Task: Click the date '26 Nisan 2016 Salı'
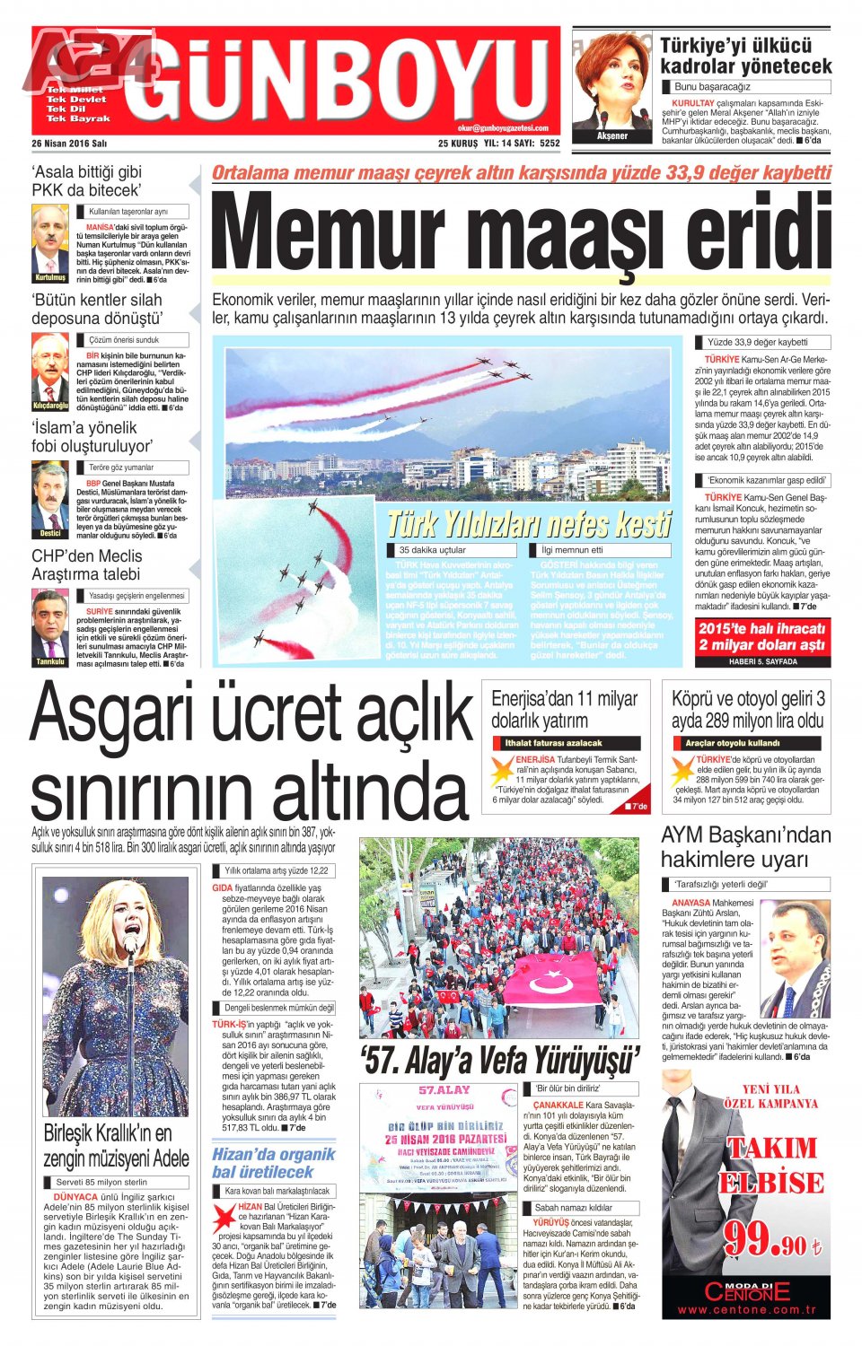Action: [69, 143]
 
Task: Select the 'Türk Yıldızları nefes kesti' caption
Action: [529, 524]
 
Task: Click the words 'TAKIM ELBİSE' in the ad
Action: [771, 1165]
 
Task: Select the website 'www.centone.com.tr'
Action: [746, 1310]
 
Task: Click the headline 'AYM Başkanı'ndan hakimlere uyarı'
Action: [745, 847]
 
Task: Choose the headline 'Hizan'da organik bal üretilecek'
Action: [273, 1163]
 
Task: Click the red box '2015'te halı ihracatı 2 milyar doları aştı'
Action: [761, 636]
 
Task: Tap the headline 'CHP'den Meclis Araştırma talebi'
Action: [86, 565]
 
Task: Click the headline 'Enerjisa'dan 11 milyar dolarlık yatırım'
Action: [564, 709]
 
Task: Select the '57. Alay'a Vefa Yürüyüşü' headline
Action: [499, 1061]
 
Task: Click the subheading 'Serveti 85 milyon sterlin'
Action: [101, 1182]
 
